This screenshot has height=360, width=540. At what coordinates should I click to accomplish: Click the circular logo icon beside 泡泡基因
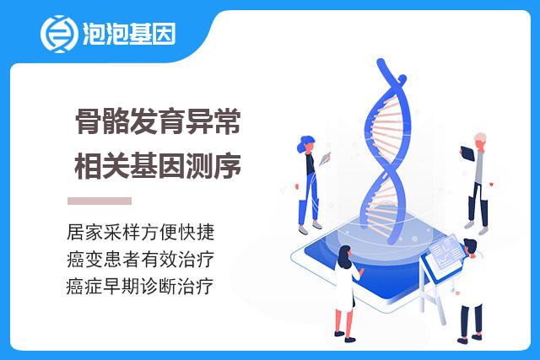click(x=57, y=34)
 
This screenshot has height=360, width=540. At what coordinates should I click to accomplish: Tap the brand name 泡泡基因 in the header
click(x=129, y=34)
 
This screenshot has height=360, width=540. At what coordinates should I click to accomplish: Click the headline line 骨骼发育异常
click(x=158, y=121)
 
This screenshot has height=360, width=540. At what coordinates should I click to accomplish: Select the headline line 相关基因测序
click(x=158, y=166)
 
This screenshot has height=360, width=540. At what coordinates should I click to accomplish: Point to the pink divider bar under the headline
click(x=100, y=201)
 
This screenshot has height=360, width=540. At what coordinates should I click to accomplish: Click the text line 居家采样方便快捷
click(x=141, y=232)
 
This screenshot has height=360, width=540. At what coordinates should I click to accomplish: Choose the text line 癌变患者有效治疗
click(x=141, y=259)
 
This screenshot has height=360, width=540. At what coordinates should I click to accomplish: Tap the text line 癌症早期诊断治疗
click(x=140, y=287)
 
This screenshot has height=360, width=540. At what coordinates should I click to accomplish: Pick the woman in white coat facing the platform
click(x=347, y=293)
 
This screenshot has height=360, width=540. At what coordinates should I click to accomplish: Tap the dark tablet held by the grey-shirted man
click(x=467, y=153)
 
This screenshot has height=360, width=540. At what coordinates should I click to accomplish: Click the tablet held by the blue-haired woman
click(x=325, y=159)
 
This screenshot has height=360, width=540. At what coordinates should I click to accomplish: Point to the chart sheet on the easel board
click(x=446, y=252)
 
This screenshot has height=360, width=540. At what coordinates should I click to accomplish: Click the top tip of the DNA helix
click(x=381, y=62)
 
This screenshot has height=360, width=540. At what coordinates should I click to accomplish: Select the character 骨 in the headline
click(x=88, y=121)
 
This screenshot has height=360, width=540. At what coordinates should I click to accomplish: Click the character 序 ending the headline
click(x=228, y=166)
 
